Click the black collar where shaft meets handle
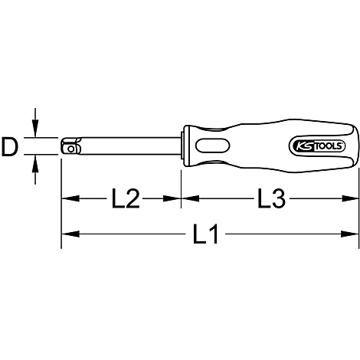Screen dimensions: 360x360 (x=185, y=146)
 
